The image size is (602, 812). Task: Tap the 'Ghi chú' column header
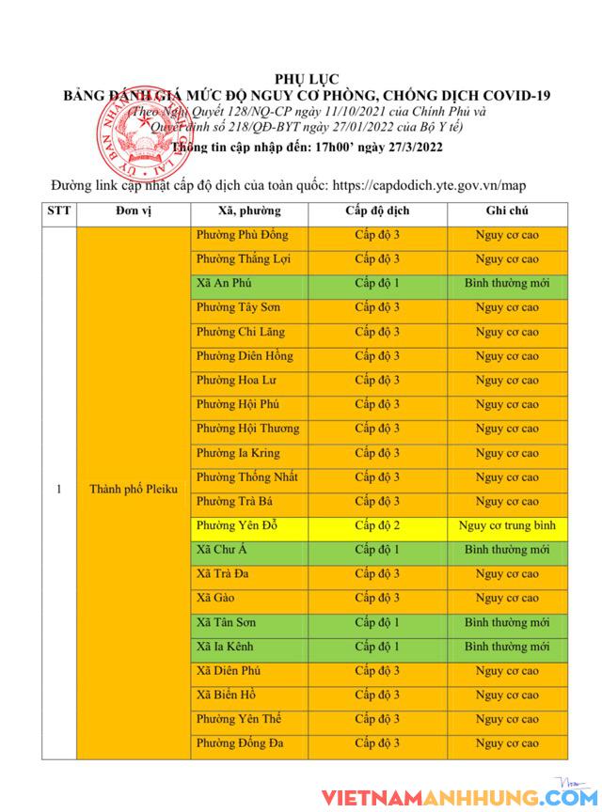point(506,211)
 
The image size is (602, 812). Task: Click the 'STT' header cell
point(58,211)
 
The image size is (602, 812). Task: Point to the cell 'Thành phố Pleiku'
point(133,490)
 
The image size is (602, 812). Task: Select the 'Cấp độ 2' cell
point(377,525)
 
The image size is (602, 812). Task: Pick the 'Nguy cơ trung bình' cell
point(506,525)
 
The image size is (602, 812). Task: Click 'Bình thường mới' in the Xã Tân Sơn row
point(506,622)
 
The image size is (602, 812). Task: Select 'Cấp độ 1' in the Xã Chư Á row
point(377,550)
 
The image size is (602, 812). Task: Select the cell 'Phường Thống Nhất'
point(247,477)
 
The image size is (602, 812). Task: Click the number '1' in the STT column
point(59,490)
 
